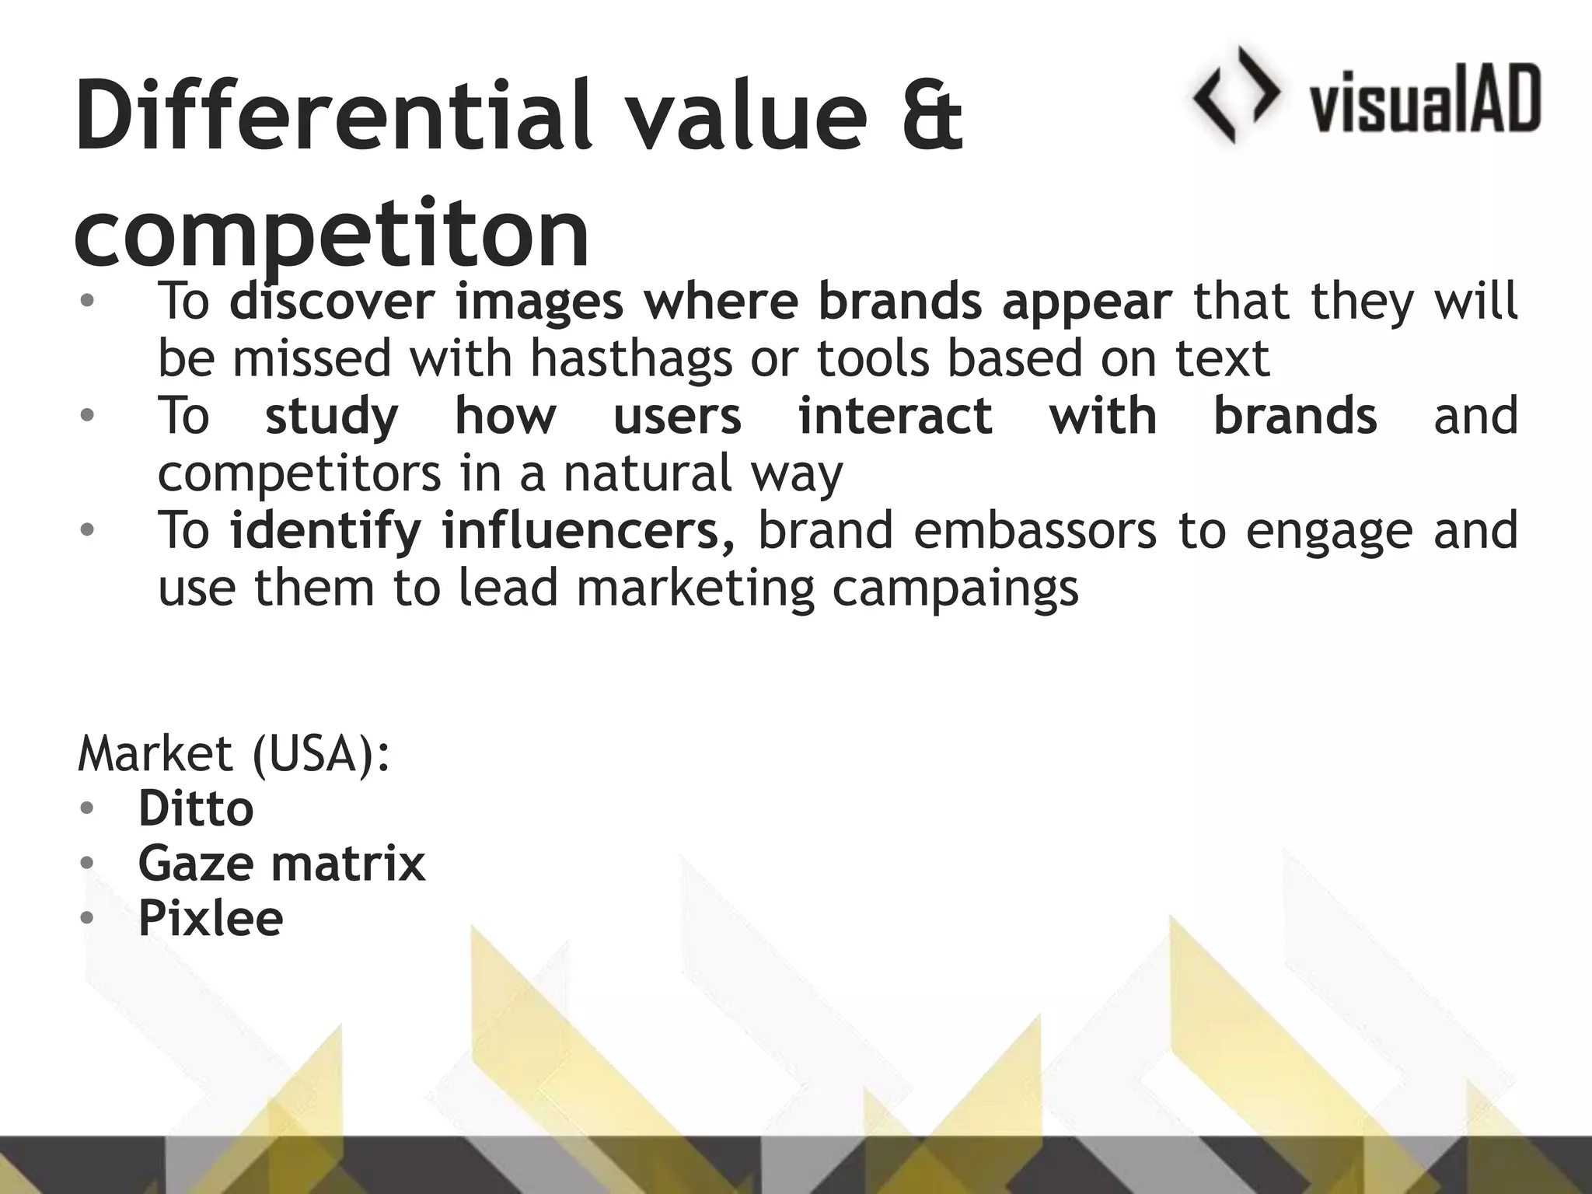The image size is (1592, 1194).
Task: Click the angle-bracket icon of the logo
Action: click(x=1236, y=95)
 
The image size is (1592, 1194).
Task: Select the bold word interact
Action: click(x=895, y=416)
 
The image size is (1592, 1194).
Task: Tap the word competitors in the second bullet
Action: click(x=299, y=473)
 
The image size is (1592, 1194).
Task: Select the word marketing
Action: click(x=695, y=588)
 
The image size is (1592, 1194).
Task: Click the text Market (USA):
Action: click(x=233, y=753)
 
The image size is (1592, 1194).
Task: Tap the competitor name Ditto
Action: click(x=196, y=808)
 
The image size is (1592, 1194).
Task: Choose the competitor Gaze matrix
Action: click(x=281, y=863)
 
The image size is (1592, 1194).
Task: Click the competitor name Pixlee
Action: click(x=210, y=918)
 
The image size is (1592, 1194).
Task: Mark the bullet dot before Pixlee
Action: click(x=87, y=919)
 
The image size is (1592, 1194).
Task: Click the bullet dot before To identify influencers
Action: click(x=87, y=531)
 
